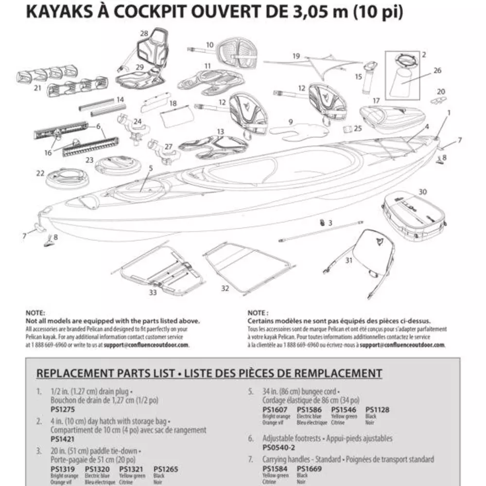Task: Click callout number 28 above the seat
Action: click(x=143, y=34)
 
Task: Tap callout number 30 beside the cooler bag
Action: click(x=423, y=191)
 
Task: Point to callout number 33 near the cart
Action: click(x=153, y=293)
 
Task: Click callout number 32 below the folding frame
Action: click(x=225, y=288)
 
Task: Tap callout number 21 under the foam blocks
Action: click(x=37, y=88)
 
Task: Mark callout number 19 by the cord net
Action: click(x=296, y=56)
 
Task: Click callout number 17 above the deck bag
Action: click(x=376, y=101)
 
